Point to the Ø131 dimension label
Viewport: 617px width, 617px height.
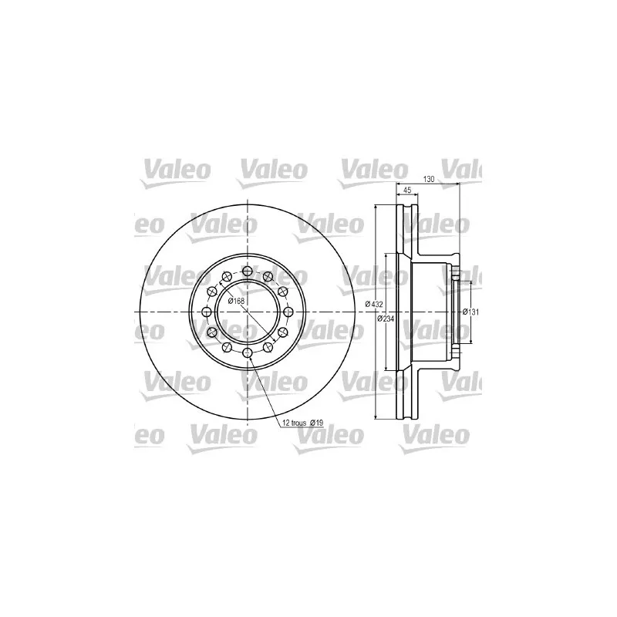pyautogui.click(x=471, y=312)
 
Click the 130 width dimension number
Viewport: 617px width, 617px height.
pyautogui.click(x=430, y=179)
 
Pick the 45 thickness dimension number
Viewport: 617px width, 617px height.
pyautogui.click(x=407, y=190)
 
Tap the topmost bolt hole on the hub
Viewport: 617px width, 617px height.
pyautogui.click(x=247, y=271)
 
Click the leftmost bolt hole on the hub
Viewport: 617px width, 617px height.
pyautogui.click(x=206, y=312)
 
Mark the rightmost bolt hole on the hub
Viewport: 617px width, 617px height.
pyautogui.click(x=288, y=312)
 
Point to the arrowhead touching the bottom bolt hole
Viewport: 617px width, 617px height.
pyautogui.click(x=249, y=359)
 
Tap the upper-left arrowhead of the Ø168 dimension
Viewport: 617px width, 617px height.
pyautogui.click(x=231, y=285)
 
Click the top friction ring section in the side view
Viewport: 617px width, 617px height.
pyautogui.click(x=406, y=231)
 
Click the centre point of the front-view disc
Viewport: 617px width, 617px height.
pyautogui.click(x=247, y=312)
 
